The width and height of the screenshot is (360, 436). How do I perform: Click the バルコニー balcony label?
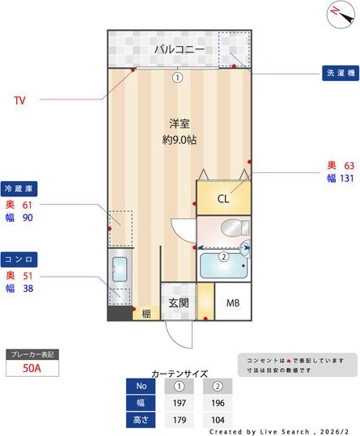[x=178, y=50]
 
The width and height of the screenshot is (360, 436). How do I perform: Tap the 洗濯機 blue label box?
[x=340, y=74]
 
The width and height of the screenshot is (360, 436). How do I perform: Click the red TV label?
[x=20, y=101]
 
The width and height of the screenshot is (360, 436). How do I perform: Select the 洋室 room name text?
[x=179, y=124]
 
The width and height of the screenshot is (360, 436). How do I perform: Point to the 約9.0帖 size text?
[x=179, y=139]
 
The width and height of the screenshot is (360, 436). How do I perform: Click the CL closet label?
[x=222, y=199]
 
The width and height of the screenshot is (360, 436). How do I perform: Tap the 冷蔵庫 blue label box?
[x=20, y=188]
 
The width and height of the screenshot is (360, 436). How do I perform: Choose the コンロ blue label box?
[x=20, y=259]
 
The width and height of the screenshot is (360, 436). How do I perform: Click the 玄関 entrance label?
[x=178, y=303]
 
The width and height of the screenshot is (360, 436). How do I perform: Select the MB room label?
[x=233, y=303]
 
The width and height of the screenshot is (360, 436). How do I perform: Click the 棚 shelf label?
[x=146, y=314]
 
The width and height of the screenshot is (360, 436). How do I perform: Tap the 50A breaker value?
[x=32, y=369]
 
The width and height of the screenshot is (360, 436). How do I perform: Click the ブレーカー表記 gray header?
[x=32, y=354]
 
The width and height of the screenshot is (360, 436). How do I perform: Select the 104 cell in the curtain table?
[x=217, y=420]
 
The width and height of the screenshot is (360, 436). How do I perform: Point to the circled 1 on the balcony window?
[x=177, y=78]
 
